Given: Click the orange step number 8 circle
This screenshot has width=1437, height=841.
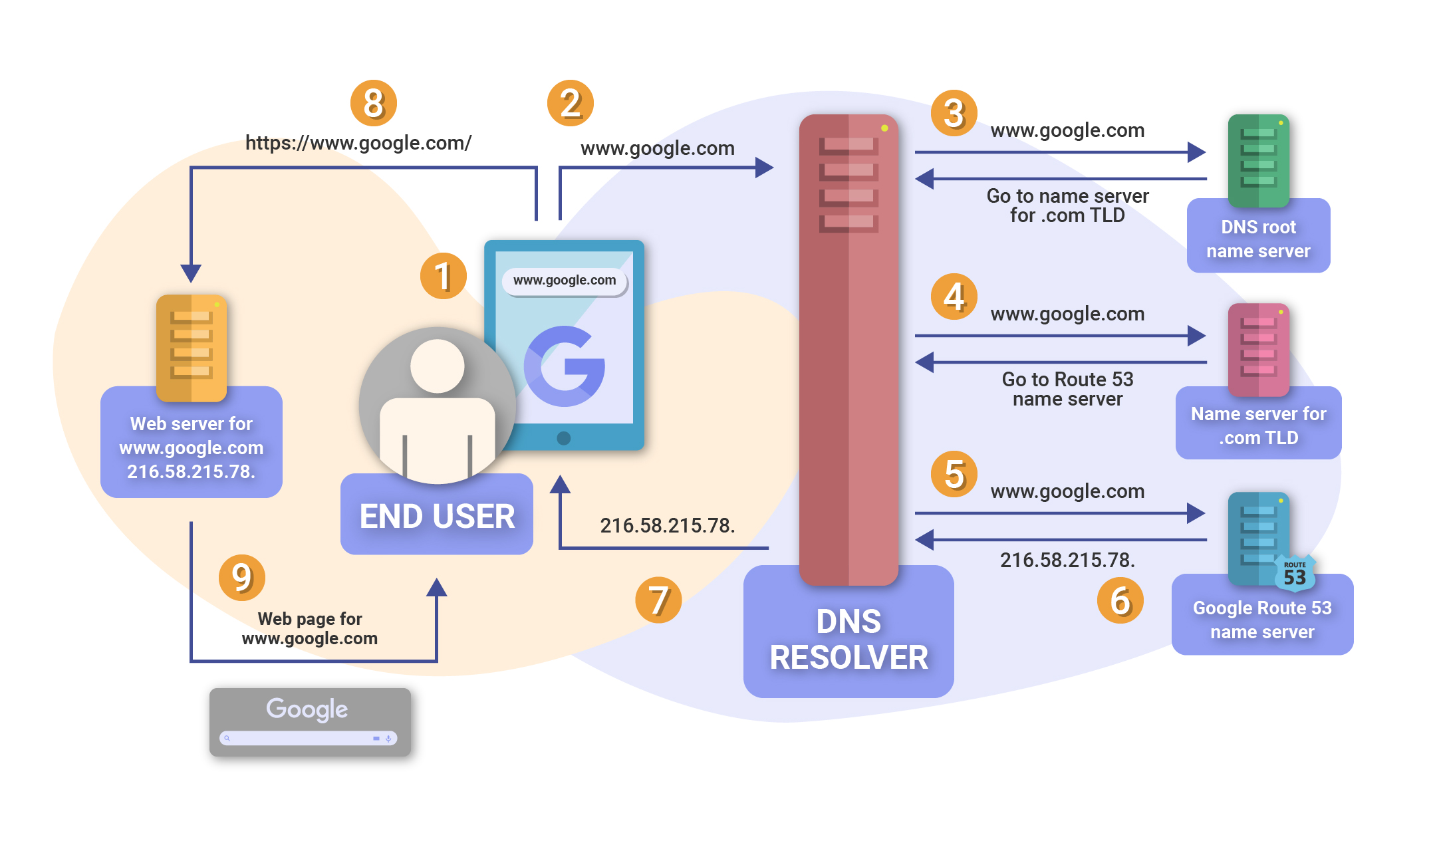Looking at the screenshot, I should click(373, 103).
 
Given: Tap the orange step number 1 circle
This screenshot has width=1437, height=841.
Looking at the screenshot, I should click(443, 276).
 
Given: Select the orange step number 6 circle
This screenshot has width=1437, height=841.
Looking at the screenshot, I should click(1120, 600).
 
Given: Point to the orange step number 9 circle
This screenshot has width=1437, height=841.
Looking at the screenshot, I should click(241, 577).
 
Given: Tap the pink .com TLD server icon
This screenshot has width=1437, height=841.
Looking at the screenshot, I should click(1258, 348).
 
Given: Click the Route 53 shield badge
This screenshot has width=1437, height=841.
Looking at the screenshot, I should click(1294, 574).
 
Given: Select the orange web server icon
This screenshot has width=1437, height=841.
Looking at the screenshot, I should click(192, 347).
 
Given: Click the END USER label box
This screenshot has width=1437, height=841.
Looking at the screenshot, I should click(437, 516).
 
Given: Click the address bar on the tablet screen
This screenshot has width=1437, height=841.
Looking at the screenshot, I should click(565, 281).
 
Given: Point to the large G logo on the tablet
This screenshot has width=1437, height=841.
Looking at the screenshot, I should click(565, 366).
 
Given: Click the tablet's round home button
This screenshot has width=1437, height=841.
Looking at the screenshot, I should click(563, 438).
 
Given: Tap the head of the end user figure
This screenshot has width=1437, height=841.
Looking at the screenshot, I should click(437, 366).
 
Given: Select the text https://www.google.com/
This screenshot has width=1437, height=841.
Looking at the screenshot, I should click(358, 143).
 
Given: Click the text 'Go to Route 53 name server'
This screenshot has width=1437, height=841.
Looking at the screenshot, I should click(1067, 389).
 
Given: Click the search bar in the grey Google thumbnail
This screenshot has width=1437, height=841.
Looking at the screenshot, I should click(308, 738).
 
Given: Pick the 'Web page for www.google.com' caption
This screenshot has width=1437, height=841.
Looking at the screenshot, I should click(310, 628).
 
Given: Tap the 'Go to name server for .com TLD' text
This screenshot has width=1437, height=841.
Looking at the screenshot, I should click(1067, 205).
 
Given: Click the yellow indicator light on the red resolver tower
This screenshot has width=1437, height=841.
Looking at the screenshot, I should click(884, 128).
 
